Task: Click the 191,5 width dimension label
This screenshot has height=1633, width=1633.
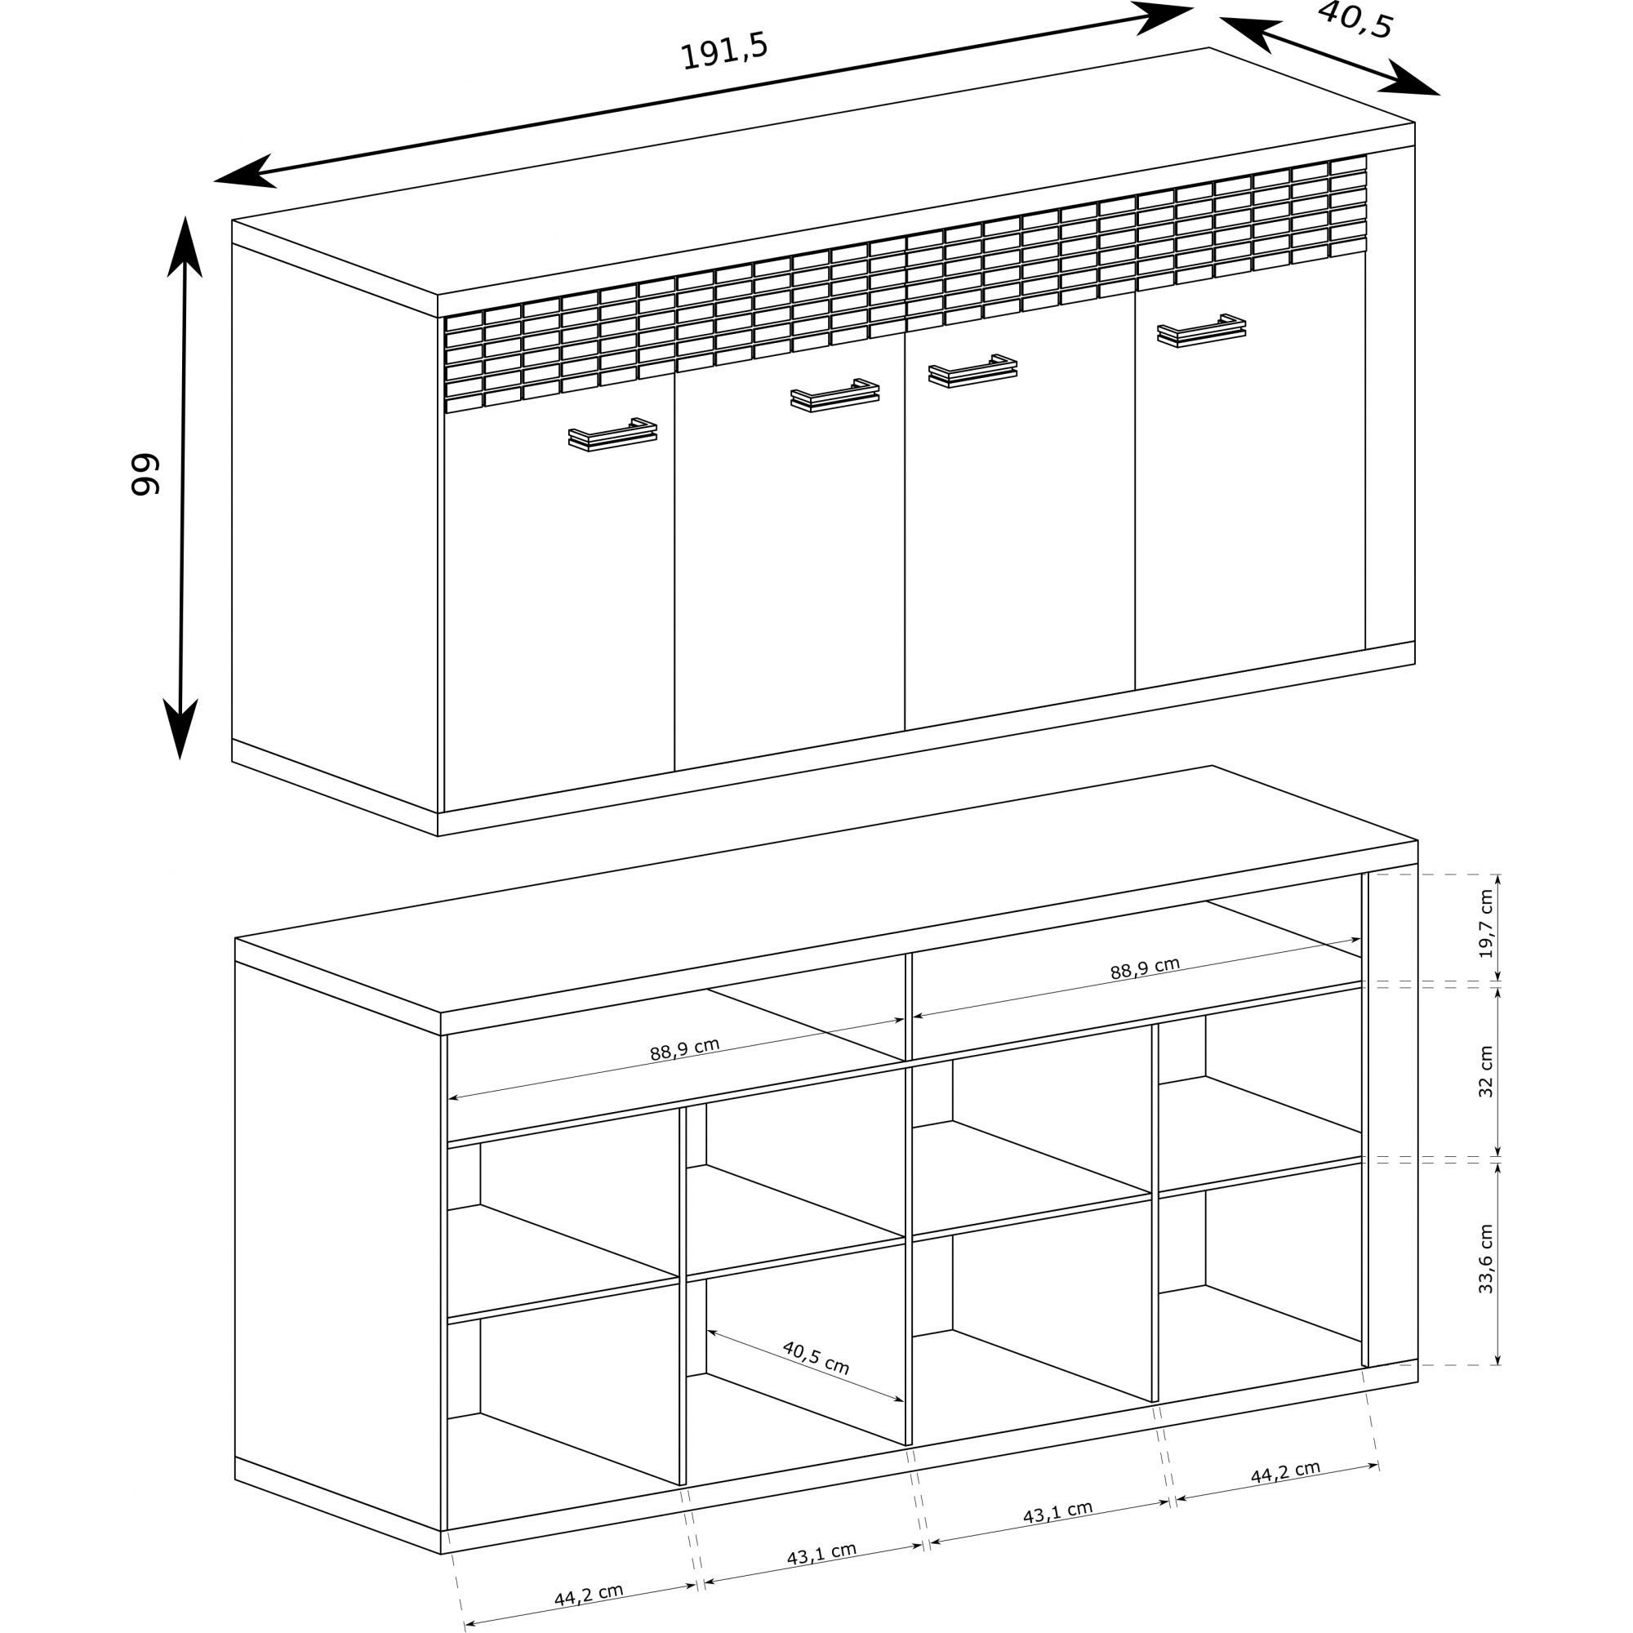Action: coord(724,52)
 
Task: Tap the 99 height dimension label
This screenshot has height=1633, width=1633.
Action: coord(146,475)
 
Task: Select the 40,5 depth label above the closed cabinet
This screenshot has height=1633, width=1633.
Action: coord(1354,20)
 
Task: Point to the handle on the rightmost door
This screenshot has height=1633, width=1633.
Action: coord(1201,331)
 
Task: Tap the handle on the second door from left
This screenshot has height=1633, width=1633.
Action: coord(834,395)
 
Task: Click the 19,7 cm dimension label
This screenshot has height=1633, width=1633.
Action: coord(1485,923)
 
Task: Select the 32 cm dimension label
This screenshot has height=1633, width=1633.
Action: coord(1485,1072)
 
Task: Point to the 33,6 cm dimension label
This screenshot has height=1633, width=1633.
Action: coord(1485,1258)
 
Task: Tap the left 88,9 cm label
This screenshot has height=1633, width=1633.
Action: coord(685,1049)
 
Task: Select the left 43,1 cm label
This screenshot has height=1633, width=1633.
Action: coord(821,1554)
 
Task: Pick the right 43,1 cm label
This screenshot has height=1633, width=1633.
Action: coord(1057,1512)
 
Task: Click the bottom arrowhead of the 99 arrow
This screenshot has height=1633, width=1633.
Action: coord(180,728)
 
